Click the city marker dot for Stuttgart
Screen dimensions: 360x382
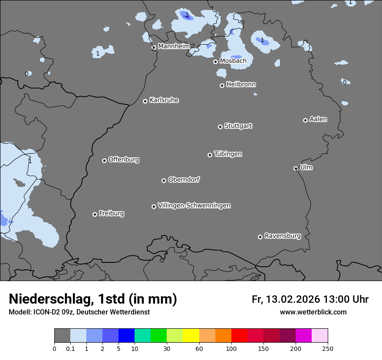point(220,127)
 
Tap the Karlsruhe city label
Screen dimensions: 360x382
point(164,100)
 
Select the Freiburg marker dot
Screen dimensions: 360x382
point(95,214)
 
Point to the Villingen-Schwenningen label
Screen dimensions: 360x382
point(194,206)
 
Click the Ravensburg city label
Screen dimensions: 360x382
point(283,236)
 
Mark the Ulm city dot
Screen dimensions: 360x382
point(296,168)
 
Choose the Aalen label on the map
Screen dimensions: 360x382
point(318,119)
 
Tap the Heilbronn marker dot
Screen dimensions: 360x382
point(222,85)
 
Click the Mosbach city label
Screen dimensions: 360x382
point(233,61)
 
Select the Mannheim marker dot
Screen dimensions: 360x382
point(154,48)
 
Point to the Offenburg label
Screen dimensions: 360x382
point(124,160)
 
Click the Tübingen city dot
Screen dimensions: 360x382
point(210,155)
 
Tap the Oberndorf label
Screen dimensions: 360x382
point(184,180)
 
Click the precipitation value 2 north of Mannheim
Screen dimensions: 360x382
point(187,15)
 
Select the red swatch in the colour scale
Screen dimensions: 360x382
point(239,336)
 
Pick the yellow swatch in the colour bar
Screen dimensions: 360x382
point(191,336)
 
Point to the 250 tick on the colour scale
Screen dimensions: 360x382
point(328,348)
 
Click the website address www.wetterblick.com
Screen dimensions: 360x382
point(313,312)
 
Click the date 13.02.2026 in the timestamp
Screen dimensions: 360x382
point(293,299)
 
